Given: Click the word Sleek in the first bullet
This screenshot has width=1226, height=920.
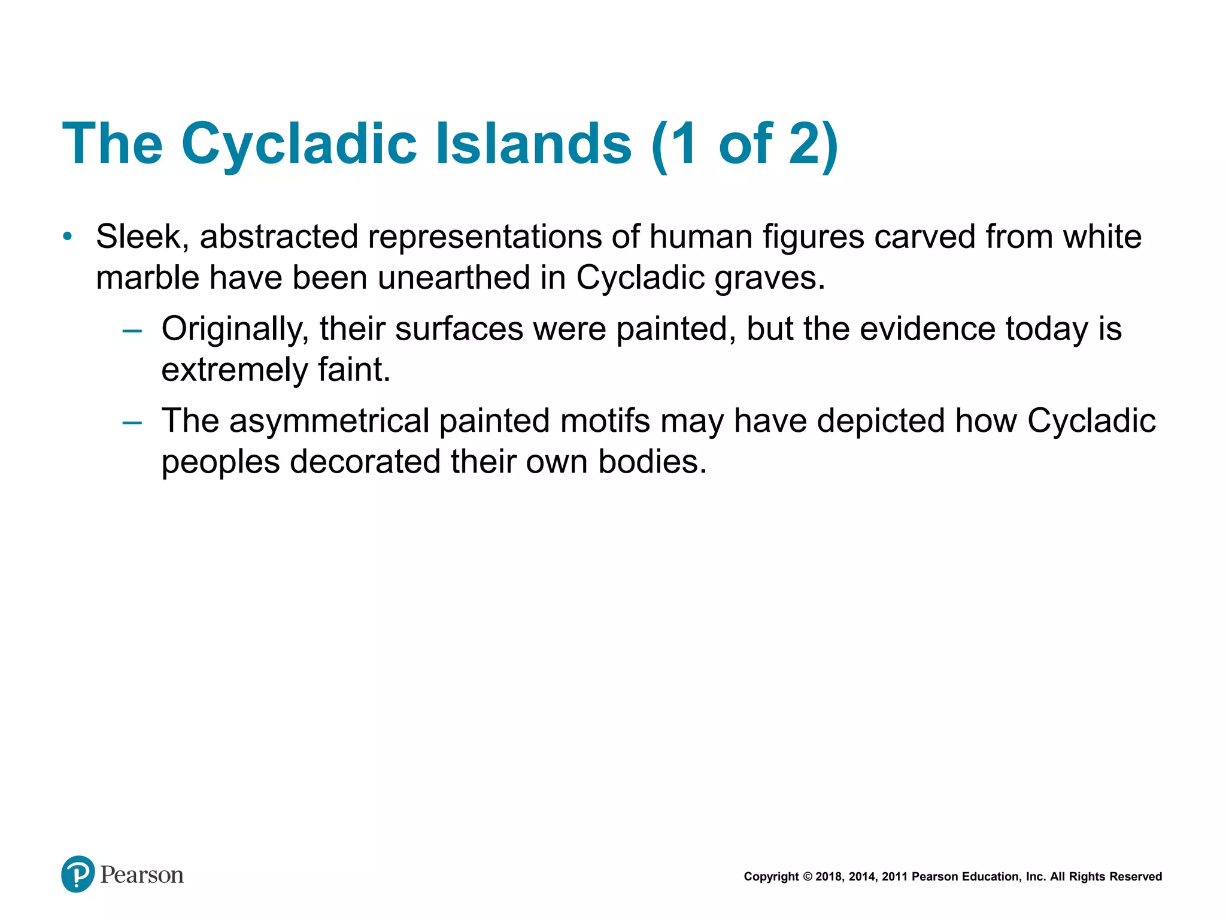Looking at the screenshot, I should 139,237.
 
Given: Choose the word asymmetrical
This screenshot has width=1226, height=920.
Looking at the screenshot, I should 329,420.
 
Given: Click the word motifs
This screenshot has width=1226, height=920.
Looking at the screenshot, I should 605,420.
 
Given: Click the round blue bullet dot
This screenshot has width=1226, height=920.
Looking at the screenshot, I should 68,237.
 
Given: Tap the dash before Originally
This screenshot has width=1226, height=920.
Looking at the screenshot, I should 132,330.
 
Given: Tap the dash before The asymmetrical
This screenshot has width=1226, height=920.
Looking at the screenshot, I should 132,422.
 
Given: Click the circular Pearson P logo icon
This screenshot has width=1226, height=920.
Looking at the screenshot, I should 78,874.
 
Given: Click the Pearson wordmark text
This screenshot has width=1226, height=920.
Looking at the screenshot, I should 142,875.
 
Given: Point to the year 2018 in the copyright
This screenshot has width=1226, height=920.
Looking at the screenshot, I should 829,877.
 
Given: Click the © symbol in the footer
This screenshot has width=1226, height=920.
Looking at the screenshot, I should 807,877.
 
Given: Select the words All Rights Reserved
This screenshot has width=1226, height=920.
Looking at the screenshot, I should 1106,877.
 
